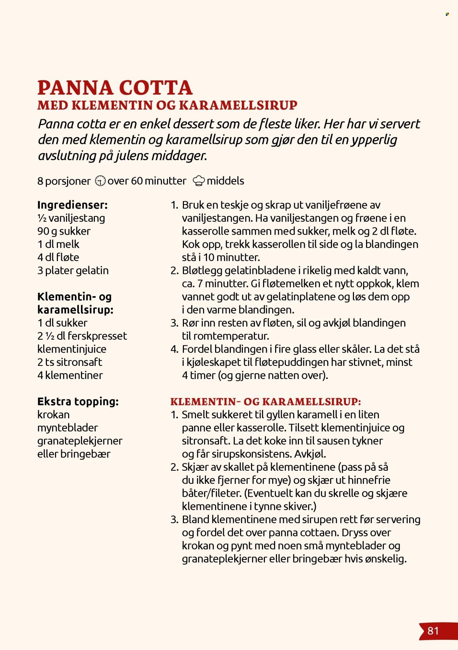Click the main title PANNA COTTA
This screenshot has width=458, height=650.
(x=115, y=88)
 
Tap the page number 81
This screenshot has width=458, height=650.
(x=433, y=631)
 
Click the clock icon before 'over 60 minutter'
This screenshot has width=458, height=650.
(x=100, y=181)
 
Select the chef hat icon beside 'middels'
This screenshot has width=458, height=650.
(x=199, y=181)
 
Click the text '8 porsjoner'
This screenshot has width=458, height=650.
(x=64, y=181)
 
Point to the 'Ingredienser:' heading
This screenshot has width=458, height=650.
(x=73, y=205)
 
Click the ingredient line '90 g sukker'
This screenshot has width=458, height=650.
(x=64, y=231)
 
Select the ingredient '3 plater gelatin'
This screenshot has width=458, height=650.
(x=73, y=271)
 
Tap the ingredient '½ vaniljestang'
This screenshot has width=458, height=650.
(x=71, y=218)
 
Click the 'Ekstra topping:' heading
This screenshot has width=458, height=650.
(x=78, y=401)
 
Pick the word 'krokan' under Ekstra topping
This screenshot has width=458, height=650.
(x=53, y=415)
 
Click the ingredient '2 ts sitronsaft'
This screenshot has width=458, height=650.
(x=70, y=362)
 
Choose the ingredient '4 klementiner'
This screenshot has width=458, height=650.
(x=70, y=375)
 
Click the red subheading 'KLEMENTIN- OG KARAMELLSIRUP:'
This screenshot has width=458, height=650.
(x=266, y=401)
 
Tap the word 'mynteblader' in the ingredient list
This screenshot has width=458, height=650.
(x=67, y=428)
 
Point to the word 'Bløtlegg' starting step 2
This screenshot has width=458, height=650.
(x=202, y=271)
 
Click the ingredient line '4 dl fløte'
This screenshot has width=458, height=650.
(x=58, y=257)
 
